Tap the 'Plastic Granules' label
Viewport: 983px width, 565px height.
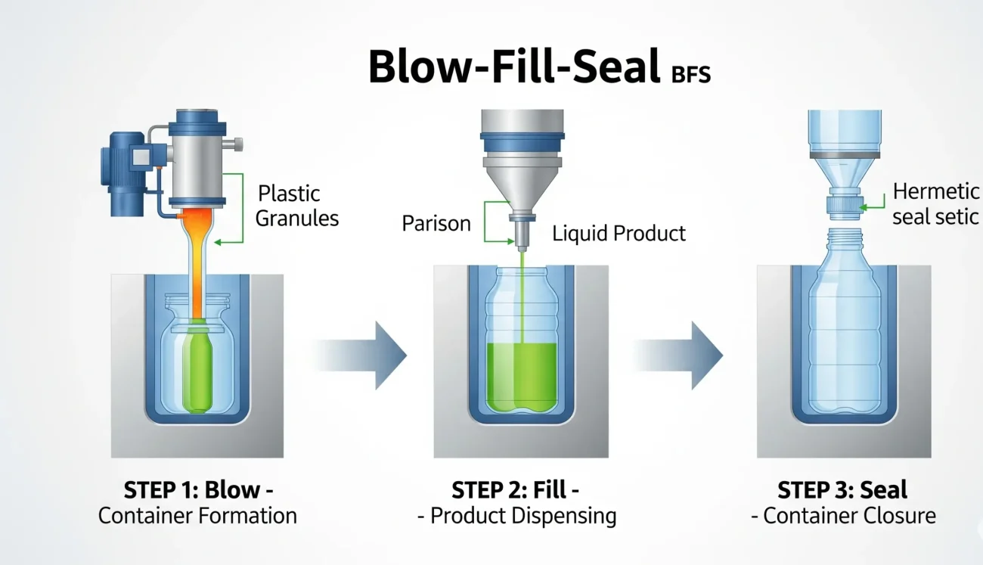point(296,206)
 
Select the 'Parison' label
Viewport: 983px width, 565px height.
point(436,224)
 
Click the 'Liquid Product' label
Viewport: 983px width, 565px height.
point(619,233)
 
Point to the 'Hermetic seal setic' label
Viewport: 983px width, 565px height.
point(935,204)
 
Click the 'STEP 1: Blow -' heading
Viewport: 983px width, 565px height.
point(197,489)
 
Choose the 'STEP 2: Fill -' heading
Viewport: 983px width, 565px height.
point(516,489)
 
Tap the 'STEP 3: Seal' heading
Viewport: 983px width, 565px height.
point(842,489)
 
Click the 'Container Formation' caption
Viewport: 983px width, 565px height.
point(197,517)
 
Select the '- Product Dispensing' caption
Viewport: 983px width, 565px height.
point(517,517)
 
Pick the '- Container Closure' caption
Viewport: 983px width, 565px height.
point(843,517)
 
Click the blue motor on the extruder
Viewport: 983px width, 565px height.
point(124,159)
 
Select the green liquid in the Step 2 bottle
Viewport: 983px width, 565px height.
point(522,378)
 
